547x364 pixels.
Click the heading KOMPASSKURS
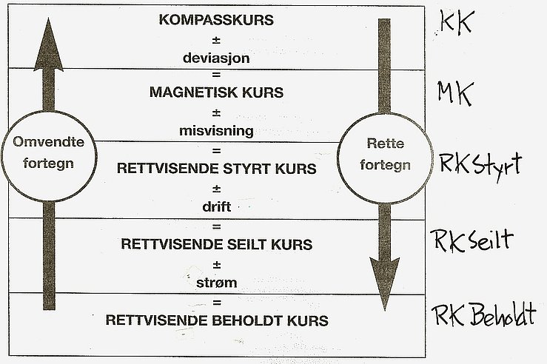click(x=216, y=20)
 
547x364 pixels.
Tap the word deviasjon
click(x=216, y=58)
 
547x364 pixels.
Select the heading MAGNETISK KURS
click(x=216, y=92)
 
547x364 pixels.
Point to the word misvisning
click(x=216, y=131)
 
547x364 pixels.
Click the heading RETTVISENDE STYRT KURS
click(x=216, y=169)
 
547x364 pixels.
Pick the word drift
click(x=216, y=206)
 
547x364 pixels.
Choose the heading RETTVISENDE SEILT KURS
click(x=216, y=244)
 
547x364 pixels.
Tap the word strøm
click(x=216, y=283)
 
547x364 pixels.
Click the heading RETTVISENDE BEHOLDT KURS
click(x=217, y=320)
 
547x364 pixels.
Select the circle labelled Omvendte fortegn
click(x=49, y=112)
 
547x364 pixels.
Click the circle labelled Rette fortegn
click(x=385, y=114)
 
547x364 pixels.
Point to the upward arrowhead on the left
click(x=49, y=45)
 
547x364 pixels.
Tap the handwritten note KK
click(x=456, y=22)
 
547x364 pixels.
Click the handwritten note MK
click(x=455, y=93)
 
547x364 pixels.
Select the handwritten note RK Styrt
click(x=480, y=166)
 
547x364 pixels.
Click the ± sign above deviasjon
click(x=216, y=40)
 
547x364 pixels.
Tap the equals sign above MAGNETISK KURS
click(x=216, y=75)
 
